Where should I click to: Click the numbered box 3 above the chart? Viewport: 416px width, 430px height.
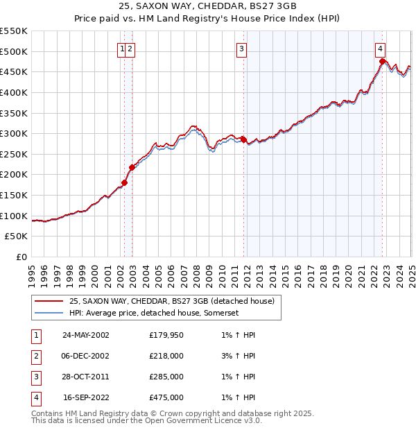click(x=241, y=49)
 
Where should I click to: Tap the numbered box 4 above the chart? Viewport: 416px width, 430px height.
click(x=381, y=49)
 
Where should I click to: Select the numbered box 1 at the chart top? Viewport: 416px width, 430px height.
click(x=122, y=49)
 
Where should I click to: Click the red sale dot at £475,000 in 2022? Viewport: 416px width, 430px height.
click(x=382, y=62)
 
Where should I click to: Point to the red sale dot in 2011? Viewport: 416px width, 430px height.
click(x=243, y=139)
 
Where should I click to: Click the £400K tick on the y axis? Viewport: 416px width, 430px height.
click(x=15, y=92)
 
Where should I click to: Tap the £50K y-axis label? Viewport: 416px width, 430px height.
click(x=17, y=237)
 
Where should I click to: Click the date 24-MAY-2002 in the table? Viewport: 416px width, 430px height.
click(x=86, y=335)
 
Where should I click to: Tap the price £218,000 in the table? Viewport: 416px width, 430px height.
click(x=166, y=356)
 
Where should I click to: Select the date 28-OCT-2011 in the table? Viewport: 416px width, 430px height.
click(x=86, y=377)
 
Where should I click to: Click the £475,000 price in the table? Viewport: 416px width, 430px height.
click(x=166, y=397)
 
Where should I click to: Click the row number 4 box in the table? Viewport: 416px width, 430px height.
click(x=35, y=397)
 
